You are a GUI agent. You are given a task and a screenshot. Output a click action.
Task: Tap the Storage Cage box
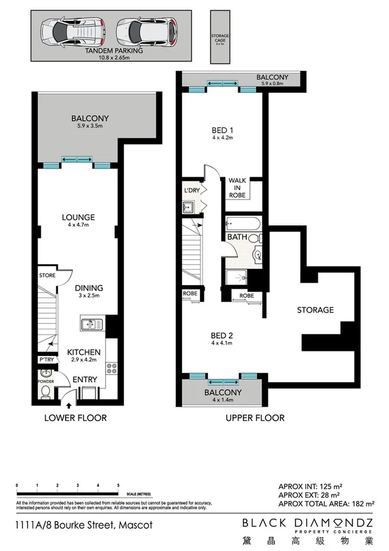coord(220,37)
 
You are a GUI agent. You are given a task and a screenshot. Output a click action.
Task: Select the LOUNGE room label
coord(79,217)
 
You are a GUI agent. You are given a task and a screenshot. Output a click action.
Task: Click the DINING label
coord(88,288)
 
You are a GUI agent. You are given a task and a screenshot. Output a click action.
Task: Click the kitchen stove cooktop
coord(110,368)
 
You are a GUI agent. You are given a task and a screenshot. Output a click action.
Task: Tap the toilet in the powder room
coord(45,375)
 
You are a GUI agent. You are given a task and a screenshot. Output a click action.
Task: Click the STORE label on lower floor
coord(47,275)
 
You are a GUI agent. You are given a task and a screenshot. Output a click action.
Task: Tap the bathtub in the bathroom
coord(243,222)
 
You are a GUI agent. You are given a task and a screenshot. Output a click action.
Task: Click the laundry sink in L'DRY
coord(188,208)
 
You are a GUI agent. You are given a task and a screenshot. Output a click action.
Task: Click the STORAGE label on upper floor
coord(315,310)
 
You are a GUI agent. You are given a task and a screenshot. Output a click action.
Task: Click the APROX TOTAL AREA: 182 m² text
coord(325,504)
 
